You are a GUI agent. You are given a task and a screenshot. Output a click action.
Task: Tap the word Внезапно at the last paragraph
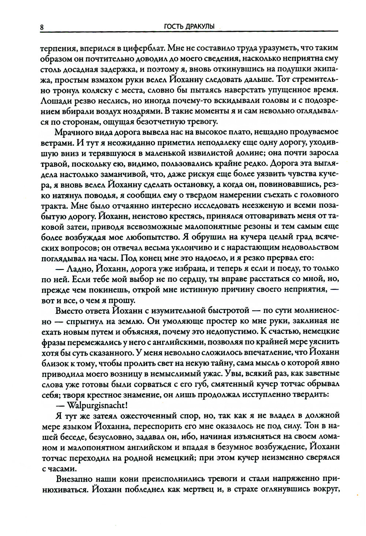pyautogui.click(x=73, y=479)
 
